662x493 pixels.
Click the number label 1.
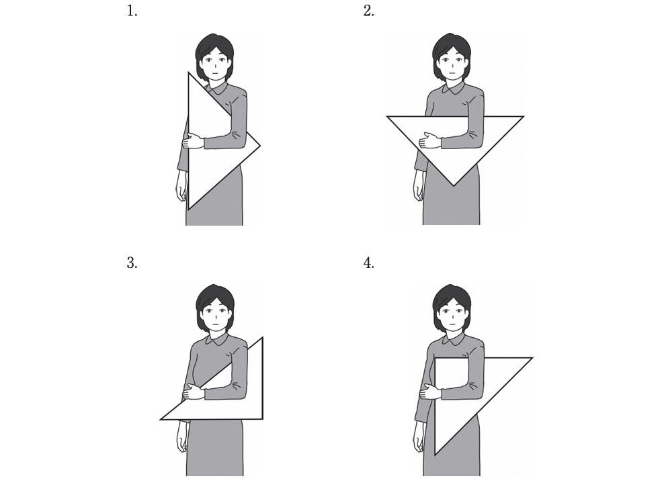[x=132, y=11]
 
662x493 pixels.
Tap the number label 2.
[x=368, y=11]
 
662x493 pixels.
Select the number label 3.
[x=132, y=263]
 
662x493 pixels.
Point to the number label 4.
[x=368, y=263]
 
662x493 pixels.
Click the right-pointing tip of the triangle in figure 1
[x=259, y=146]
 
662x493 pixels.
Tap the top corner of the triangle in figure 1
[x=188, y=73]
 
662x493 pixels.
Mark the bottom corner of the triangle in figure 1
[x=188, y=209]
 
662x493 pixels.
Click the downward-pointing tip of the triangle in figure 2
[x=454, y=185]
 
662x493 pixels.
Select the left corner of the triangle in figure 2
[x=387, y=116]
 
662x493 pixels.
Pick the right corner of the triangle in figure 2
[x=524, y=116]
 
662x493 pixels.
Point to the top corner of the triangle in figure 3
[x=263, y=338]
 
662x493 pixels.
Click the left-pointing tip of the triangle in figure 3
[x=161, y=419]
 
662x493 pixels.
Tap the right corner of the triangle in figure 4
[x=532, y=358]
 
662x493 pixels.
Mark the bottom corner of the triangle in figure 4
[x=435, y=455]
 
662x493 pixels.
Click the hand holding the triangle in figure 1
[x=194, y=141]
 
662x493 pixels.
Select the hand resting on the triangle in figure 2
[x=430, y=140]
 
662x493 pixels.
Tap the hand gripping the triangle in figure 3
[x=194, y=392]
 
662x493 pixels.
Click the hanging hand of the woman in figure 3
[x=181, y=437]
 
